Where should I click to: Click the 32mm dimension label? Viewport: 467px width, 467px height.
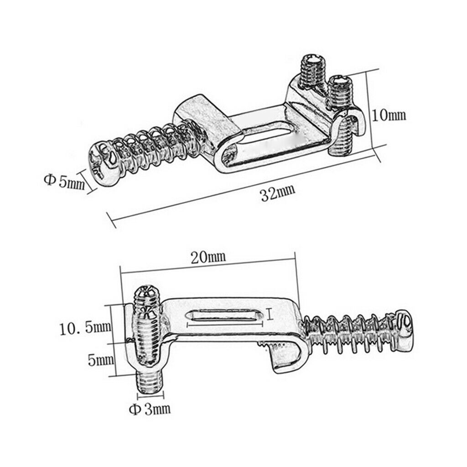coord(278,193)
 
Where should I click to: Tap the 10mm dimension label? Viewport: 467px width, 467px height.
coord(389,115)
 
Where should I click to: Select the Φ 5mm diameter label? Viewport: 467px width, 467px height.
coord(64,182)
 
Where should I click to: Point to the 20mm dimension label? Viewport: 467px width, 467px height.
coord(208,257)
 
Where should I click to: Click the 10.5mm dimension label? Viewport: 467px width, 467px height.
coord(85,328)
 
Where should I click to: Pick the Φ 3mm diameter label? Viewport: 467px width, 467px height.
coord(150,410)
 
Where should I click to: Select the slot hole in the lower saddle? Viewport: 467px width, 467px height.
coord(224,315)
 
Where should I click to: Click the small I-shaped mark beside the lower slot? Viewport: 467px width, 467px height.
coord(270,315)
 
